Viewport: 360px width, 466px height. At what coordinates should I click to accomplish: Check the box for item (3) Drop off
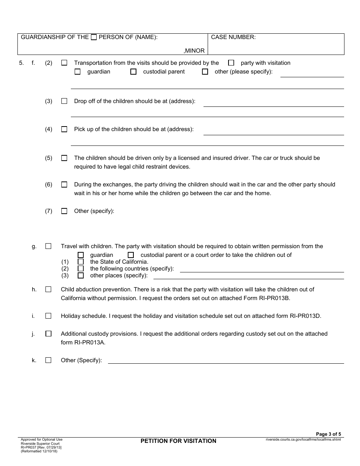pos(64,101)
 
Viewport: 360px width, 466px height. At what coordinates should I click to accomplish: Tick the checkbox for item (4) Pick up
pos(64,129)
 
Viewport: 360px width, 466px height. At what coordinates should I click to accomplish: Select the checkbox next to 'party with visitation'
pos(231,63)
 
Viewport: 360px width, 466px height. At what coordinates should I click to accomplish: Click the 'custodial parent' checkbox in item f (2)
pos(133,72)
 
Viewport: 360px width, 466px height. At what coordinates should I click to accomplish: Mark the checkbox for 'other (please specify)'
pos(205,72)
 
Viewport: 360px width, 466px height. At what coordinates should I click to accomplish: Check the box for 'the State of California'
pos(81,262)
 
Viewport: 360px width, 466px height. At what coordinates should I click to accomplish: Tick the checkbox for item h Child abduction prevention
pos(48,289)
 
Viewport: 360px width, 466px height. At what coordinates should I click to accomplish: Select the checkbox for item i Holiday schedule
pos(48,316)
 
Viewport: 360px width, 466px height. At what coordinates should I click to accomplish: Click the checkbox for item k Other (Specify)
pos(48,360)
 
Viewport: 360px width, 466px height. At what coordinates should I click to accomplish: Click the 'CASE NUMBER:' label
pos(233,37)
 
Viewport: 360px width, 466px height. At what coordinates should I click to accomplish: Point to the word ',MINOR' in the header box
pos(194,51)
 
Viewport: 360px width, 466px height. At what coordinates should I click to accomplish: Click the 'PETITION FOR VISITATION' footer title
pos(178,441)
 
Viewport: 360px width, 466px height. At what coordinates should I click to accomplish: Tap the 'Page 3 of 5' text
pos(328,434)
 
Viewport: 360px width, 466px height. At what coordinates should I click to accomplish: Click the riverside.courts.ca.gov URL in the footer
pos(303,439)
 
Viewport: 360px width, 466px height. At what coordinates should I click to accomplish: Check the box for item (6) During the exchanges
pos(64,185)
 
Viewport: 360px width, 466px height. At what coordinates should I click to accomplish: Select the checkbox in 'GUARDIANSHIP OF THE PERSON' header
pos(94,37)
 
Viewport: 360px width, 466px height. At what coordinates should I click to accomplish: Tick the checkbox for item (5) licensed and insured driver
pos(64,158)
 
